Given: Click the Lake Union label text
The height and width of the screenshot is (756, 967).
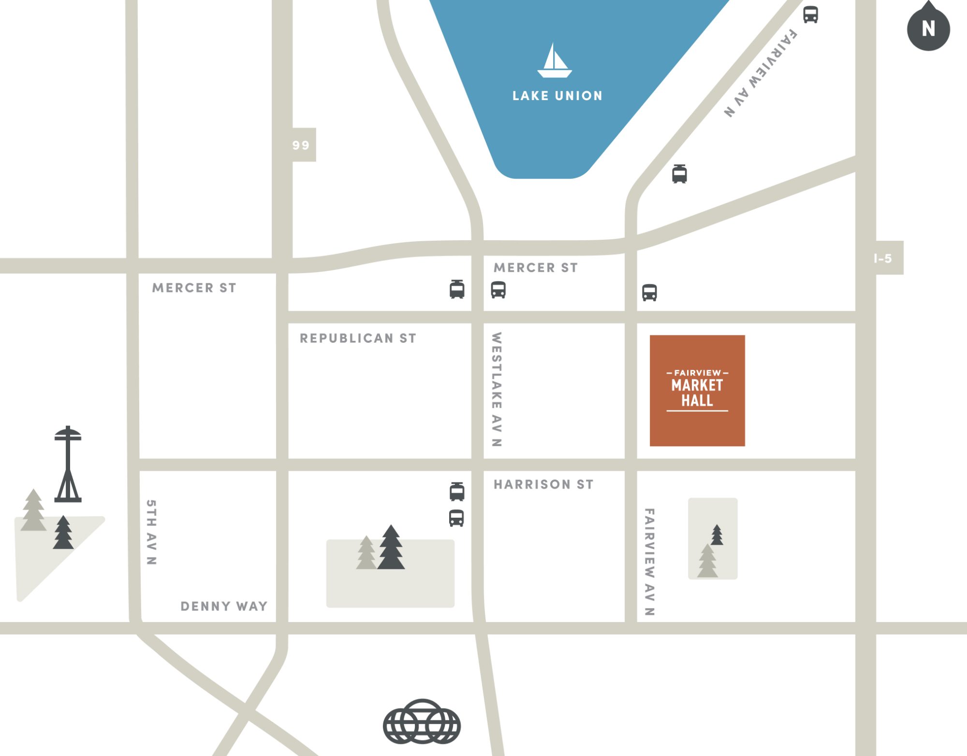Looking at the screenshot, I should tap(557, 96).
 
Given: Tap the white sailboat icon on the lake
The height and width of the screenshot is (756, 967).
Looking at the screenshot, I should tap(554, 61).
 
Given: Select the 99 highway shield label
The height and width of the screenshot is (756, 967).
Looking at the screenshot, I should tap(301, 145).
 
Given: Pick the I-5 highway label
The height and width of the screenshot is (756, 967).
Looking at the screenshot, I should tap(883, 259).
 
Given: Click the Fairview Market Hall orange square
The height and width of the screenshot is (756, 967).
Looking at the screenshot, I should tap(697, 390).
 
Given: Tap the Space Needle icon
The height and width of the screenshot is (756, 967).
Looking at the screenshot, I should tap(68, 464).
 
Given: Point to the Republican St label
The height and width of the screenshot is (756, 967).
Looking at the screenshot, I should tap(358, 338).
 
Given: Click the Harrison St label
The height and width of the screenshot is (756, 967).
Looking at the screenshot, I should tap(543, 484).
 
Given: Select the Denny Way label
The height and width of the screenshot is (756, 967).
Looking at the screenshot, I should tap(224, 606).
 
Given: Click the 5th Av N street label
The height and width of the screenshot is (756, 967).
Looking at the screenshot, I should tap(151, 532).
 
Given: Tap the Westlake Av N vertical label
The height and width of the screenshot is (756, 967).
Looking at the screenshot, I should tap(497, 389).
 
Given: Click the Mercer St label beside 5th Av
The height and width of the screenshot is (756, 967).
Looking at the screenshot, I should tap(194, 288).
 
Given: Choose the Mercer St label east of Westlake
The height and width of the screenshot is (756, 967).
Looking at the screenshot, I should tap(536, 268).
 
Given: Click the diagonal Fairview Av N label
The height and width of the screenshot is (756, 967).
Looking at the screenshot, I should tap(761, 73).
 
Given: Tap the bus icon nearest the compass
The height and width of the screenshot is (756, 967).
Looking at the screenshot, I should tap(811, 15).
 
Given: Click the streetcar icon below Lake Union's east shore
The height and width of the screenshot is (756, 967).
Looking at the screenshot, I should tap(679, 174).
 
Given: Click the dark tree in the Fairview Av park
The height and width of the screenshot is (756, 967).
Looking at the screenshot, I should tap(717, 535).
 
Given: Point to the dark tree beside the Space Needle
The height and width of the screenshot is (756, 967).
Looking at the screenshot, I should tap(63, 533).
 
